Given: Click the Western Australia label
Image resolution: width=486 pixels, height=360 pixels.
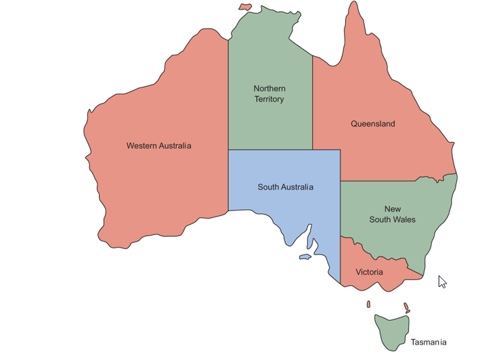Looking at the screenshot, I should [158, 145].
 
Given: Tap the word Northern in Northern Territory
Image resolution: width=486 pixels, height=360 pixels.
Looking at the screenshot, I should [269, 89].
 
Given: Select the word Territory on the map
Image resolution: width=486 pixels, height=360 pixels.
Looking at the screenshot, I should [269, 99].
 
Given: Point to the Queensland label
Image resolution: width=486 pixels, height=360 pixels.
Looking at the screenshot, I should [372, 124].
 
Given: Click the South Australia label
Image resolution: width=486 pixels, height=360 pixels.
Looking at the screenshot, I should [285, 187].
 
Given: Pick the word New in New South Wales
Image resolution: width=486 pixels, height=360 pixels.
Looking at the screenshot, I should [393, 209].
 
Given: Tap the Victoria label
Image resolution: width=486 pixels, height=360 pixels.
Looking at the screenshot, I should [369, 272].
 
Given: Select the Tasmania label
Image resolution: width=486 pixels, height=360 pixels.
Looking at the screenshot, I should [428, 342].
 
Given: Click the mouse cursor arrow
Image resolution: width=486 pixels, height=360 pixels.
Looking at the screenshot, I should [441, 280].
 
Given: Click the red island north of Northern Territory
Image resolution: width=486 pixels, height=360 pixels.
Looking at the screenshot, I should [245, 7].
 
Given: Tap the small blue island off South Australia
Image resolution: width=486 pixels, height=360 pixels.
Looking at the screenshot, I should [305, 256].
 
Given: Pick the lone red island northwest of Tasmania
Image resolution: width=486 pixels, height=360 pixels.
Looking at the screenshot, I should [368, 305].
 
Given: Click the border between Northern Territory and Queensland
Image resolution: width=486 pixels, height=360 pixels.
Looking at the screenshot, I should [312, 102].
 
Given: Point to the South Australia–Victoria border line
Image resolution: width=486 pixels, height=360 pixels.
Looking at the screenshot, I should [340, 261].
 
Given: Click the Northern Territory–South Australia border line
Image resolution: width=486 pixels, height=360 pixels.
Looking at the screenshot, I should [271, 150].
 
